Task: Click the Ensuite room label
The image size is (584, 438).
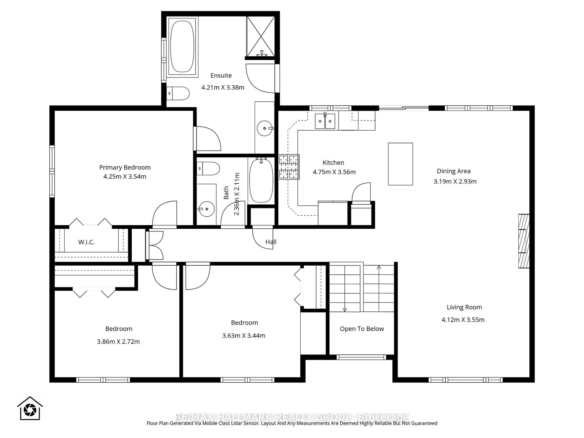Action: (x=221, y=75)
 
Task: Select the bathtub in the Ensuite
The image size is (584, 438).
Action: (x=182, y=47)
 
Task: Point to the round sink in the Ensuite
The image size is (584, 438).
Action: (x=264, y=128)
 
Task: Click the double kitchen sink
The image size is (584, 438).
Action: (x=325, y=121)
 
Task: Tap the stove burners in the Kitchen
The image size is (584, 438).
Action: (x=289, y=167)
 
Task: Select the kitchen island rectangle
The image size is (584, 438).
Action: (x=400, y=164)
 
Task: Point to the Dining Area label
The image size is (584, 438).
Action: (x=454, y=171)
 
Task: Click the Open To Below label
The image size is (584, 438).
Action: (x=362, y=329)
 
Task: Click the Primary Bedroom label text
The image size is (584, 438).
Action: (x=125, y=167)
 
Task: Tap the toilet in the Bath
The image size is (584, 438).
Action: (x=209, y=169)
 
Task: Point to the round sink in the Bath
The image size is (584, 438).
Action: (x=207, y=209)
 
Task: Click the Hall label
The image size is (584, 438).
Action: (x=271, y=242)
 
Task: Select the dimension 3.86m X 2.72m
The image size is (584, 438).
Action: (x=118, y=342)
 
